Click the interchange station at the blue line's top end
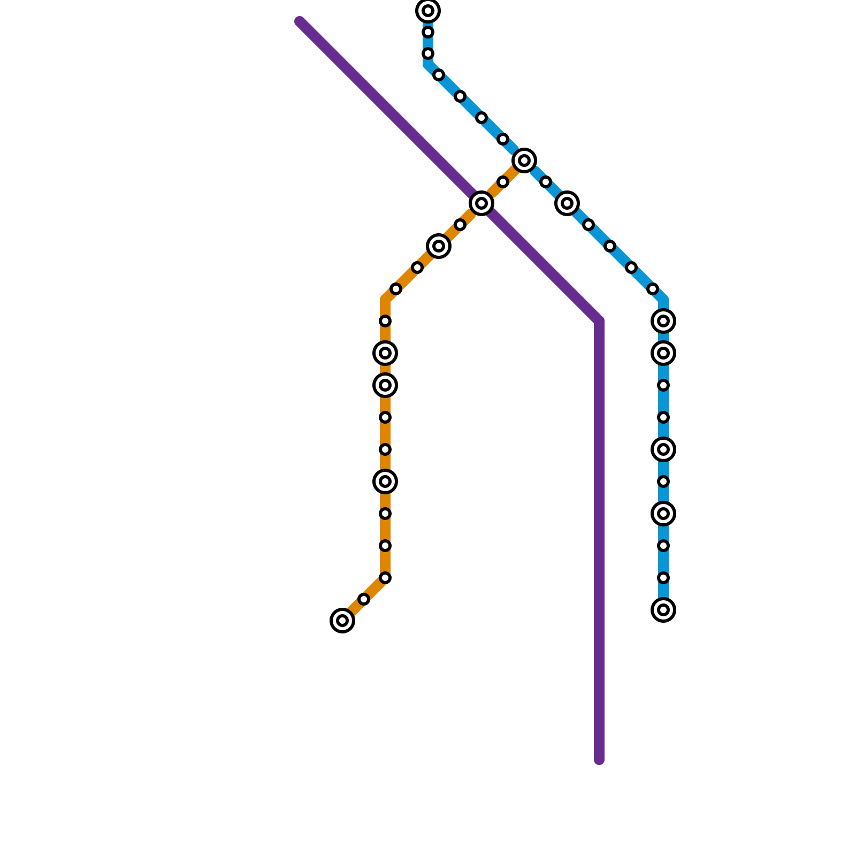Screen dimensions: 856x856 pos(428,11)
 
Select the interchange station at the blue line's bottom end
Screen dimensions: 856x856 pos(663,610)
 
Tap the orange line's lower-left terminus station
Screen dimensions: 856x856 pos(342,621)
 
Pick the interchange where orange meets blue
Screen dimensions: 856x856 pos(524,160)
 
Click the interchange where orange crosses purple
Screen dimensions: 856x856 pos(481,203)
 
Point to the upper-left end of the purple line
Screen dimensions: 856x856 pos(300,22)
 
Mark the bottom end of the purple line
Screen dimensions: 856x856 pos(599,760)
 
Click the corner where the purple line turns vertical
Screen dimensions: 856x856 pos(599,321)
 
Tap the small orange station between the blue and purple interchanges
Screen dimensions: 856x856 pos(503,182)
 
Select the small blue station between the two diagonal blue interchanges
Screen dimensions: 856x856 pos(546,182)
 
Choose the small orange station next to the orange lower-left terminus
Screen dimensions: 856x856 pos(364,599)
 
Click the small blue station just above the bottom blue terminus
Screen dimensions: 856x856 pos(663,578)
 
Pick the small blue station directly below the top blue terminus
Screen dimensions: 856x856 pos(428,32)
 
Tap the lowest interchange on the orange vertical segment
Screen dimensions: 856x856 pos(385,481)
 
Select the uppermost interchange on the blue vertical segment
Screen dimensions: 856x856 pos(663,321)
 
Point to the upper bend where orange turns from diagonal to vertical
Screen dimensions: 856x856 pos(385,300)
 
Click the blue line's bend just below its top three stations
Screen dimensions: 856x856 pos(428,65)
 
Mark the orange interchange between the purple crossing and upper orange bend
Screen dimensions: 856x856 pos(439,246)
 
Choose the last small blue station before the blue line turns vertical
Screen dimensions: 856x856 pos(653,289)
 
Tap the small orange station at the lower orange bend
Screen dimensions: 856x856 pos(385,578)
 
